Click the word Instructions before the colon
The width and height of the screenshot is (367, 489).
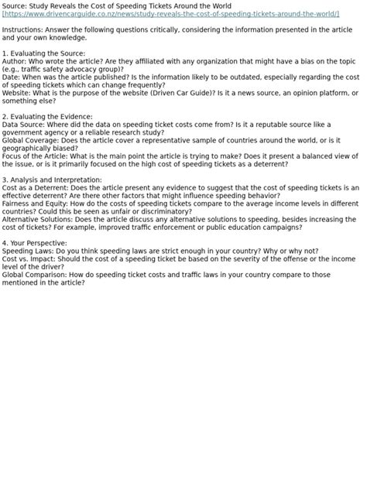[x=19, y=29]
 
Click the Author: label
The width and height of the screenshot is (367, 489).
[x=14, y=61]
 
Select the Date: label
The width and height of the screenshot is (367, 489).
[x=11, y=77]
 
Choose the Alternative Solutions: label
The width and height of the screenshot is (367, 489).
[x=38, y=219]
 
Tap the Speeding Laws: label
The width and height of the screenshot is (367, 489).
[x=27, y=251]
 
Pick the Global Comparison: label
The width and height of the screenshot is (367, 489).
[x=34, y=274]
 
